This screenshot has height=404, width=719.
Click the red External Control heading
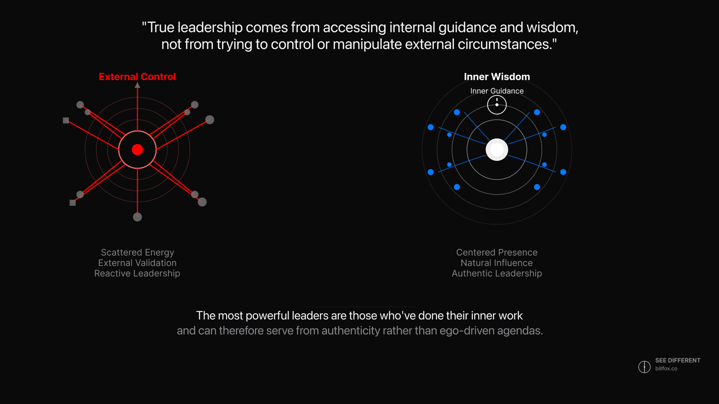pyautogui.click(x=137, y=77)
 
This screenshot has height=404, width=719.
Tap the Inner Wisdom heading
pyautogui.click(x=497, y=77)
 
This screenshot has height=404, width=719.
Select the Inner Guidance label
pyautogui.click(x=497, y=91)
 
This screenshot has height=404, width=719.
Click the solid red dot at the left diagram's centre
pyautogui.click(x=137, y=150)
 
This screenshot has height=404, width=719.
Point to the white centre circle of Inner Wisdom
pyautogui.click(x=497, y=150)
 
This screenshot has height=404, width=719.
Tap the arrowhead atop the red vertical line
pyautogui.click(x=137, y=85)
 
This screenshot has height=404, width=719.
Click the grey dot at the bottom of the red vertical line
pyautogui.click(x=137, y=217)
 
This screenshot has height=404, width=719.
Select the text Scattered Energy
pyautogui.click(x=137, y=252)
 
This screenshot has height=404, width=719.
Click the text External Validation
pyautogui.click(x=137, y=263)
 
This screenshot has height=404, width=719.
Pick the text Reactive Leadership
pyautogui.click(x=137, y=274)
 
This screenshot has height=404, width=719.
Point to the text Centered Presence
pyautogui.click(x=497, y=252)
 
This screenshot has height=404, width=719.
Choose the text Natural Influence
pyautogui.click(x=497, y=263)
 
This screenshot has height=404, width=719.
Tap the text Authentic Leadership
pyautogui.click(x=497, y=274)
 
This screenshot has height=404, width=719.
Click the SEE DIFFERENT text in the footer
pyautogui.click(x=678, y=361)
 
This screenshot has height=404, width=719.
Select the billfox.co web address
pyautogui.click(x=666, y=369)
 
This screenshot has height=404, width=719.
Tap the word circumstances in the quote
pyautogui.click(x=505, y=44)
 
